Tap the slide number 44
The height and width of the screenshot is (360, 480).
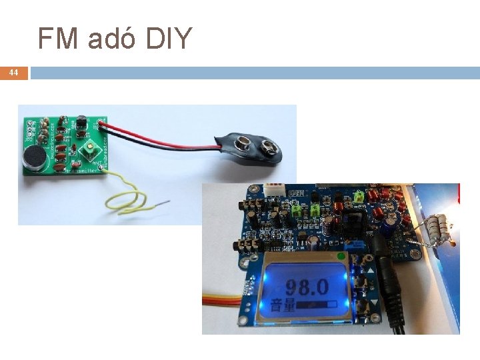coord(14,72)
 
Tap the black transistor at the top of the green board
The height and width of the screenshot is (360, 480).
coord(81,122)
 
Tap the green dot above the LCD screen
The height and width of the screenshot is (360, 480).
coord(342,256)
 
